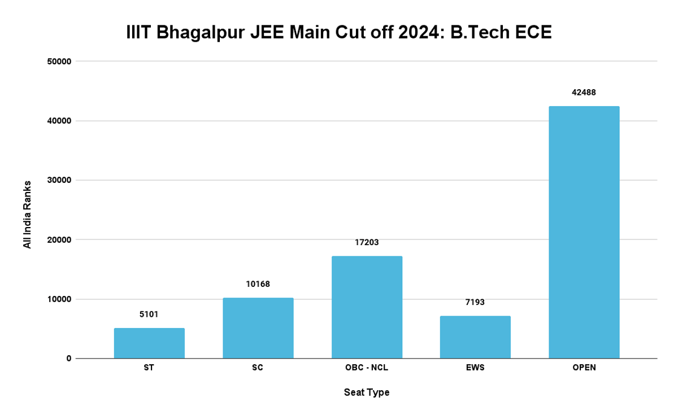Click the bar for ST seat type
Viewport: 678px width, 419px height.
pos(149,343)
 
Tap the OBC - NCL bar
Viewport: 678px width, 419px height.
pos(367,307)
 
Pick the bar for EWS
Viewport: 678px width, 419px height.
pos(475,337)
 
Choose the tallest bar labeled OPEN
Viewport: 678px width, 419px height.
pos(584,232)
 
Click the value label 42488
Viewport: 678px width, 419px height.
pos(584,92)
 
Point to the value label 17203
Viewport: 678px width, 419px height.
pos(367,242)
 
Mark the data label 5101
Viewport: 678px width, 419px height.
pos(149,314)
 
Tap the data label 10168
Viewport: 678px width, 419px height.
pos(258,284)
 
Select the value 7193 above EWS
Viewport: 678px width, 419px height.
pos(475,302)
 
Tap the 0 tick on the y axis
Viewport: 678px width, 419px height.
pos(68,359)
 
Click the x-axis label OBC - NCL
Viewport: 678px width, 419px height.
pos(367,368)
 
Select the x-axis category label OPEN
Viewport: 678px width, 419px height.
pos(584,368)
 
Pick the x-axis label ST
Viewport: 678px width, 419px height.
pos(149,368)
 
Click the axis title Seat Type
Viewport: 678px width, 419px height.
pos(367,392)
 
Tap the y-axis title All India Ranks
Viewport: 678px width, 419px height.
pos(27,214)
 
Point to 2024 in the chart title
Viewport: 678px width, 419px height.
pos(415,33)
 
